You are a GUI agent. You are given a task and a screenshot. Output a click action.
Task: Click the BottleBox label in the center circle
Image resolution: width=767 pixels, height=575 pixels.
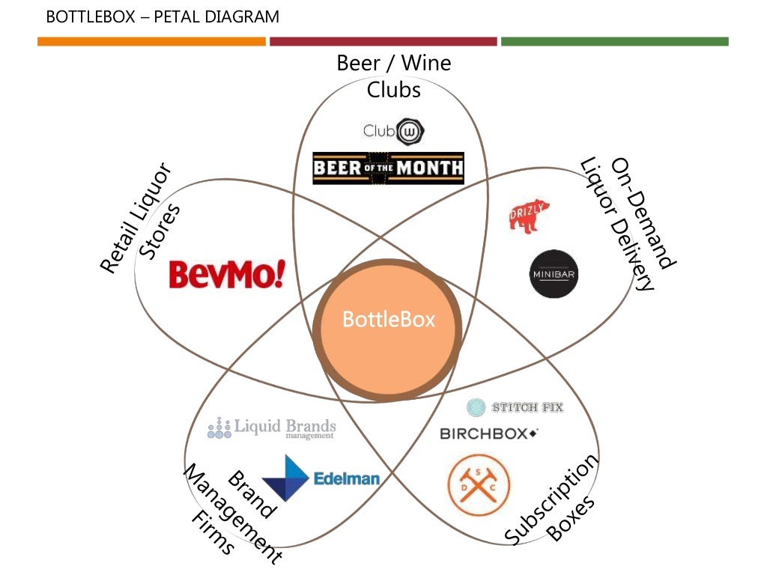388,320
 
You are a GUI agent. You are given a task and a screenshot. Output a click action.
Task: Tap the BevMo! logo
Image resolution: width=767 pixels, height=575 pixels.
227,274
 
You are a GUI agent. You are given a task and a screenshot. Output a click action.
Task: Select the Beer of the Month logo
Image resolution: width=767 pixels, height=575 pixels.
388,168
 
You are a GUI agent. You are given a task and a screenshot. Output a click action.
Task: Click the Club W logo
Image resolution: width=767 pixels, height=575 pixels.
394,131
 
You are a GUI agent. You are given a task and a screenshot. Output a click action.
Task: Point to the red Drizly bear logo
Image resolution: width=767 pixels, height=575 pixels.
526,216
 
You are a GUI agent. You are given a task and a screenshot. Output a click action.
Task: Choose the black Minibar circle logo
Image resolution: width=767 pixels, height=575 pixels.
554,274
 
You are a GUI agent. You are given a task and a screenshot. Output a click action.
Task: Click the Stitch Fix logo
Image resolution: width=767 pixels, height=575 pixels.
515,407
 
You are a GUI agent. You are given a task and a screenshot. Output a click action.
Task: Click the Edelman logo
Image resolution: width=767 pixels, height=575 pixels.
320,478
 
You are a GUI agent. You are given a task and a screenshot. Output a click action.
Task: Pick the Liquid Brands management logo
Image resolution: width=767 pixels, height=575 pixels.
271,428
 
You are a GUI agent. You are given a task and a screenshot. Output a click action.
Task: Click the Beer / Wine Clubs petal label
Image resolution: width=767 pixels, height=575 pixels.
394,76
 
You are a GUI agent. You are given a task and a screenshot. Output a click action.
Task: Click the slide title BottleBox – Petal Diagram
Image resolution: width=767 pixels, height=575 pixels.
163,16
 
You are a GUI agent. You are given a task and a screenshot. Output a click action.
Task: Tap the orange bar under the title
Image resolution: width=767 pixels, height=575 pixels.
151,42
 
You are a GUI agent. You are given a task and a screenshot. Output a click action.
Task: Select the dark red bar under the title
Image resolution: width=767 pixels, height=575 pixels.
383,42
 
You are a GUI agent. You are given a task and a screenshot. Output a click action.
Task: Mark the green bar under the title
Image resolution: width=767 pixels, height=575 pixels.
614,42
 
